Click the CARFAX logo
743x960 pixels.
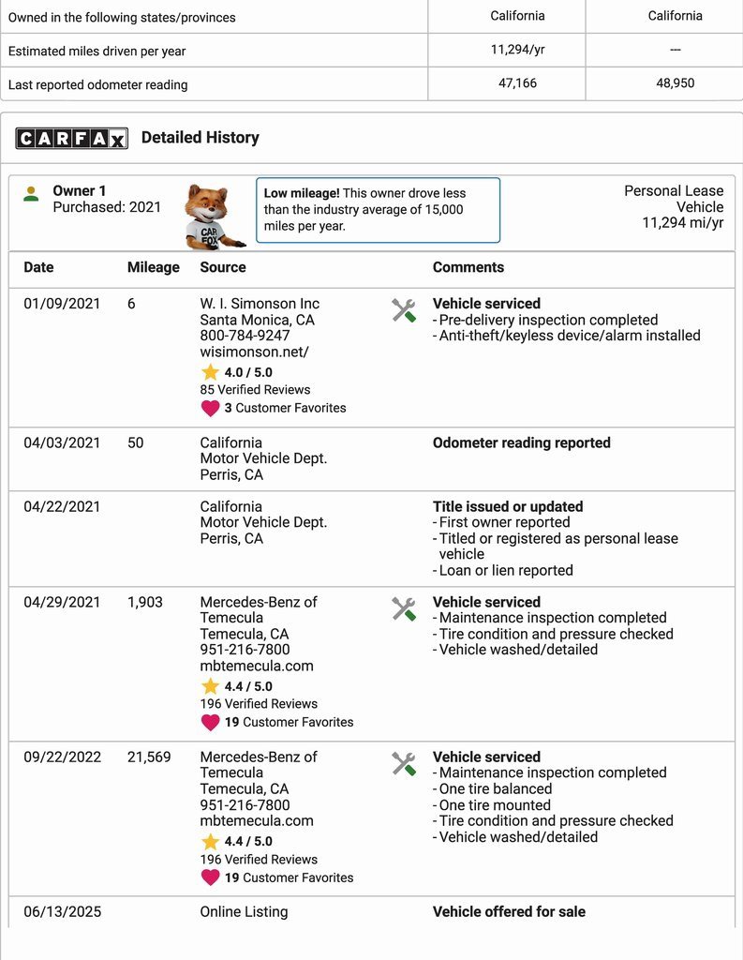tap(70, 139)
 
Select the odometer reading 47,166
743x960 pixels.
tap(517, 83)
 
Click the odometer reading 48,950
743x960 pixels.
tap(675, 83)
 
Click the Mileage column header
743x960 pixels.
tap(153, 267)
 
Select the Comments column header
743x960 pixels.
tap(468, 267)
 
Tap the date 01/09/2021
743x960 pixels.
tap(62, 304)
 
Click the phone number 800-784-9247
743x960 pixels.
tap(245, 336)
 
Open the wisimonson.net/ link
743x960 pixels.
tap(254, 352)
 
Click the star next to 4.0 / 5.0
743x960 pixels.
tap(210, 372)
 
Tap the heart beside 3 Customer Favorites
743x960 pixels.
tap(210, 408)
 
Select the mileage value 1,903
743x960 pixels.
tap(144, 602)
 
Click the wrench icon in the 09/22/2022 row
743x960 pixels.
tap(404, 764)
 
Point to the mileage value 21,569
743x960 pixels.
tap(149, 757)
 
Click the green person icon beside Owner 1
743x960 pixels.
tap(31, 194)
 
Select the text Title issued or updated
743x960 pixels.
tap(507, 506)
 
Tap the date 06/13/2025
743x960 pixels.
tap(62, 911)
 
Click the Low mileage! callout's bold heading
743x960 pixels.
tap(302, 193)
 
